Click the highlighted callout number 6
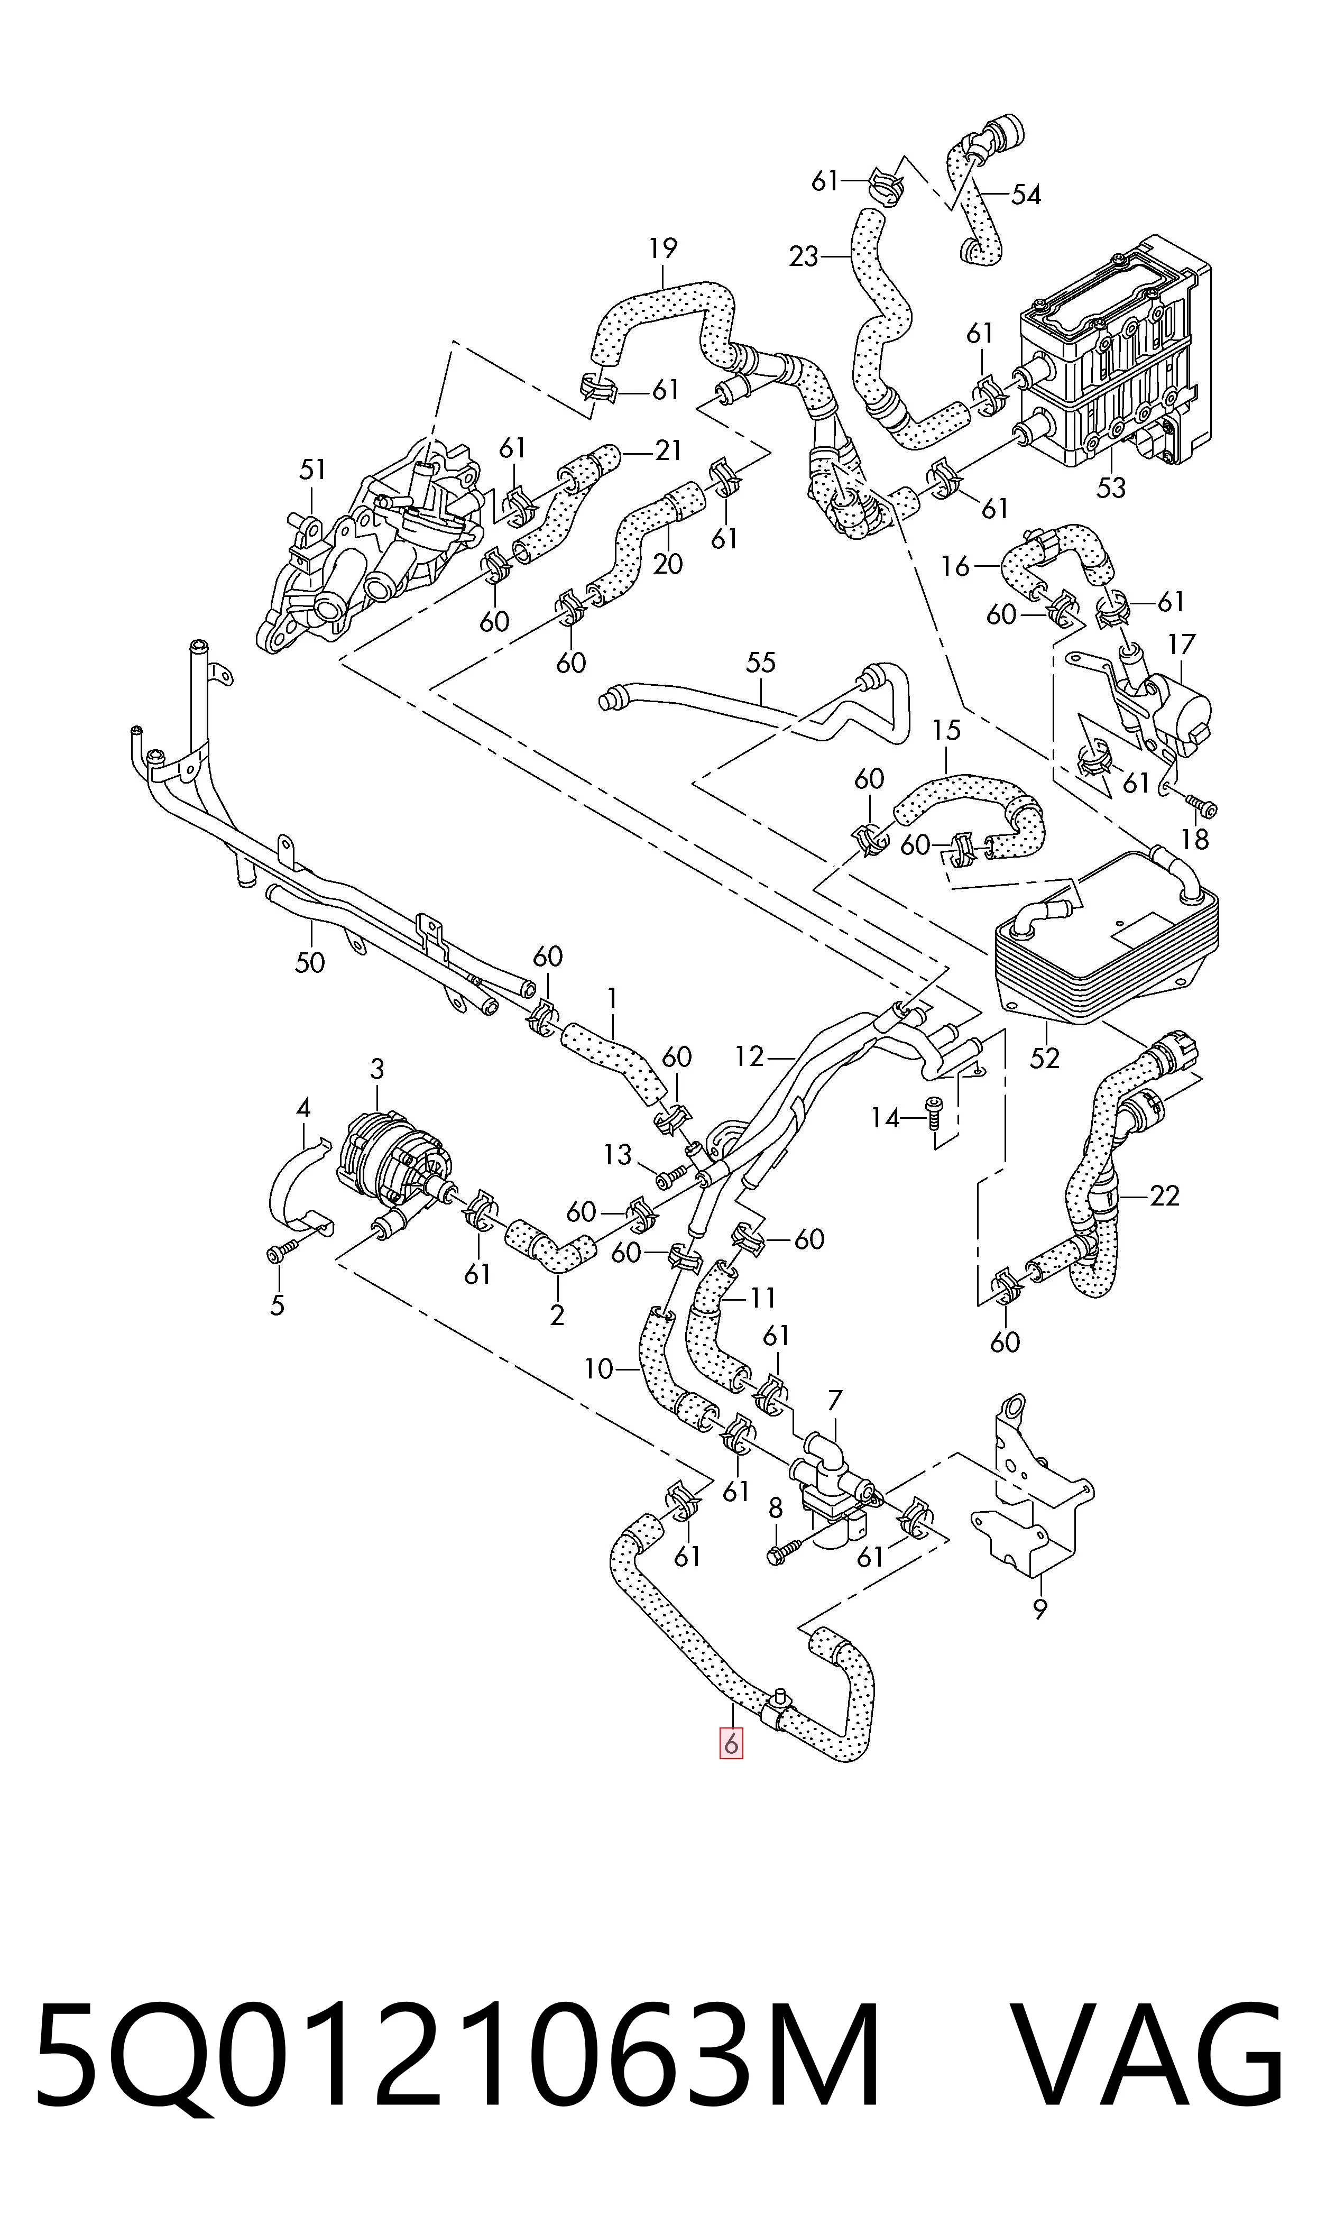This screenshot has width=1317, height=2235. point(730,1743)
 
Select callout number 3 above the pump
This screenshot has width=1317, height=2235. point(377,1069)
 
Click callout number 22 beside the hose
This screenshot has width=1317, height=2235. point(1164,1196)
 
